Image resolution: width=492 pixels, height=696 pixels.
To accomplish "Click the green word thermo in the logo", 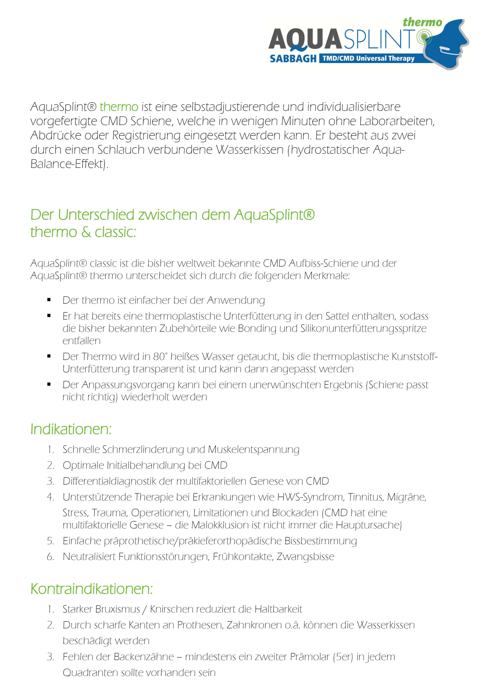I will point(422,22).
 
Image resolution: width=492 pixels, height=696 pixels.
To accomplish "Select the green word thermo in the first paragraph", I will point(119,107).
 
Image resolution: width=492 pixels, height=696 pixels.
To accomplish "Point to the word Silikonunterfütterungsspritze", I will point(363,328).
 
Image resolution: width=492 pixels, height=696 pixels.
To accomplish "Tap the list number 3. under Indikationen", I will point(50,481).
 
